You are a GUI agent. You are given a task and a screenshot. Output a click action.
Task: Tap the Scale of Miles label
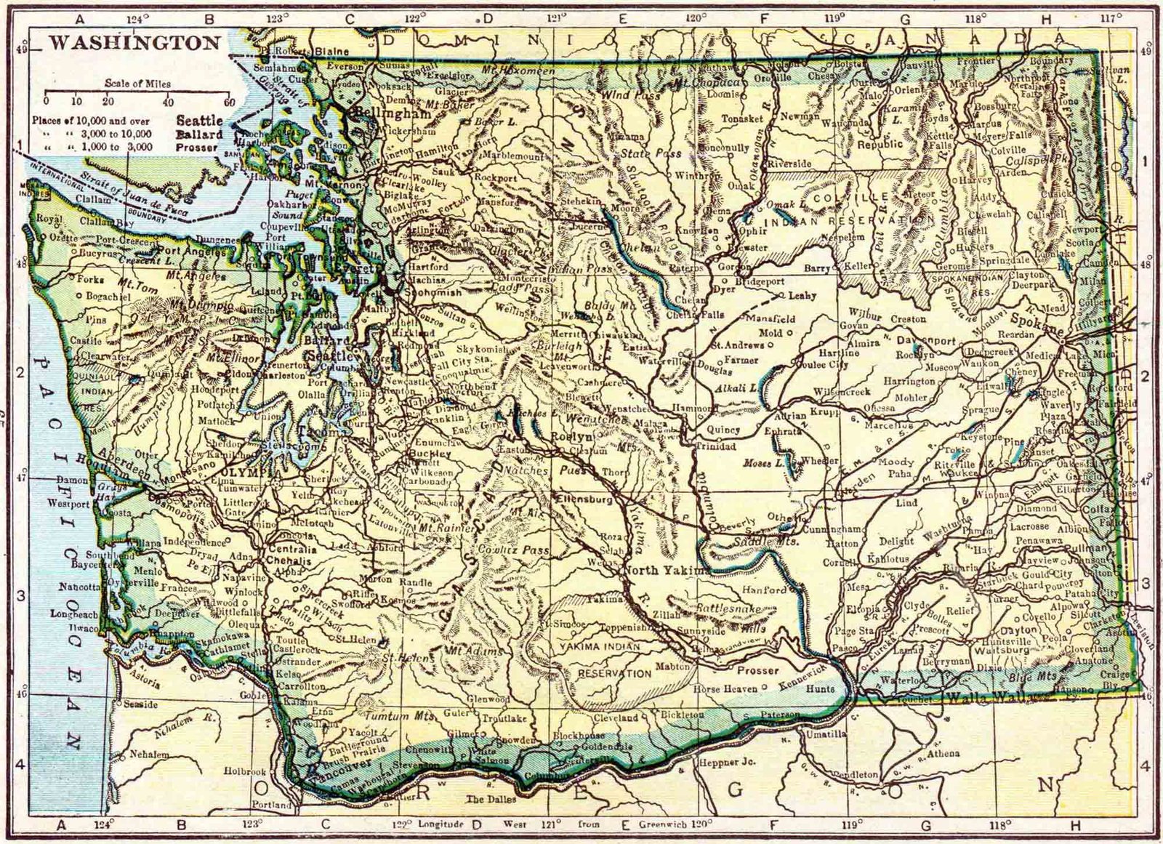137,84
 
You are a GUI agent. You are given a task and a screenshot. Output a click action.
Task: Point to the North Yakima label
667,571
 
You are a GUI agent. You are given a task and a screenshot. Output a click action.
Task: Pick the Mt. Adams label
477,651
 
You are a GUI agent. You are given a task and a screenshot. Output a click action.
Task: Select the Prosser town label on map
758,670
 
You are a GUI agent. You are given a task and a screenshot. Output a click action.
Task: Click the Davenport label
928,339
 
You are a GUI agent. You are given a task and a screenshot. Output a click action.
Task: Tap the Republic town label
882,144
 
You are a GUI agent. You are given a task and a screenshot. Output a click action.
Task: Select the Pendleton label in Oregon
856,775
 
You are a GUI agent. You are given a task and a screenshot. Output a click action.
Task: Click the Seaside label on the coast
140,704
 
